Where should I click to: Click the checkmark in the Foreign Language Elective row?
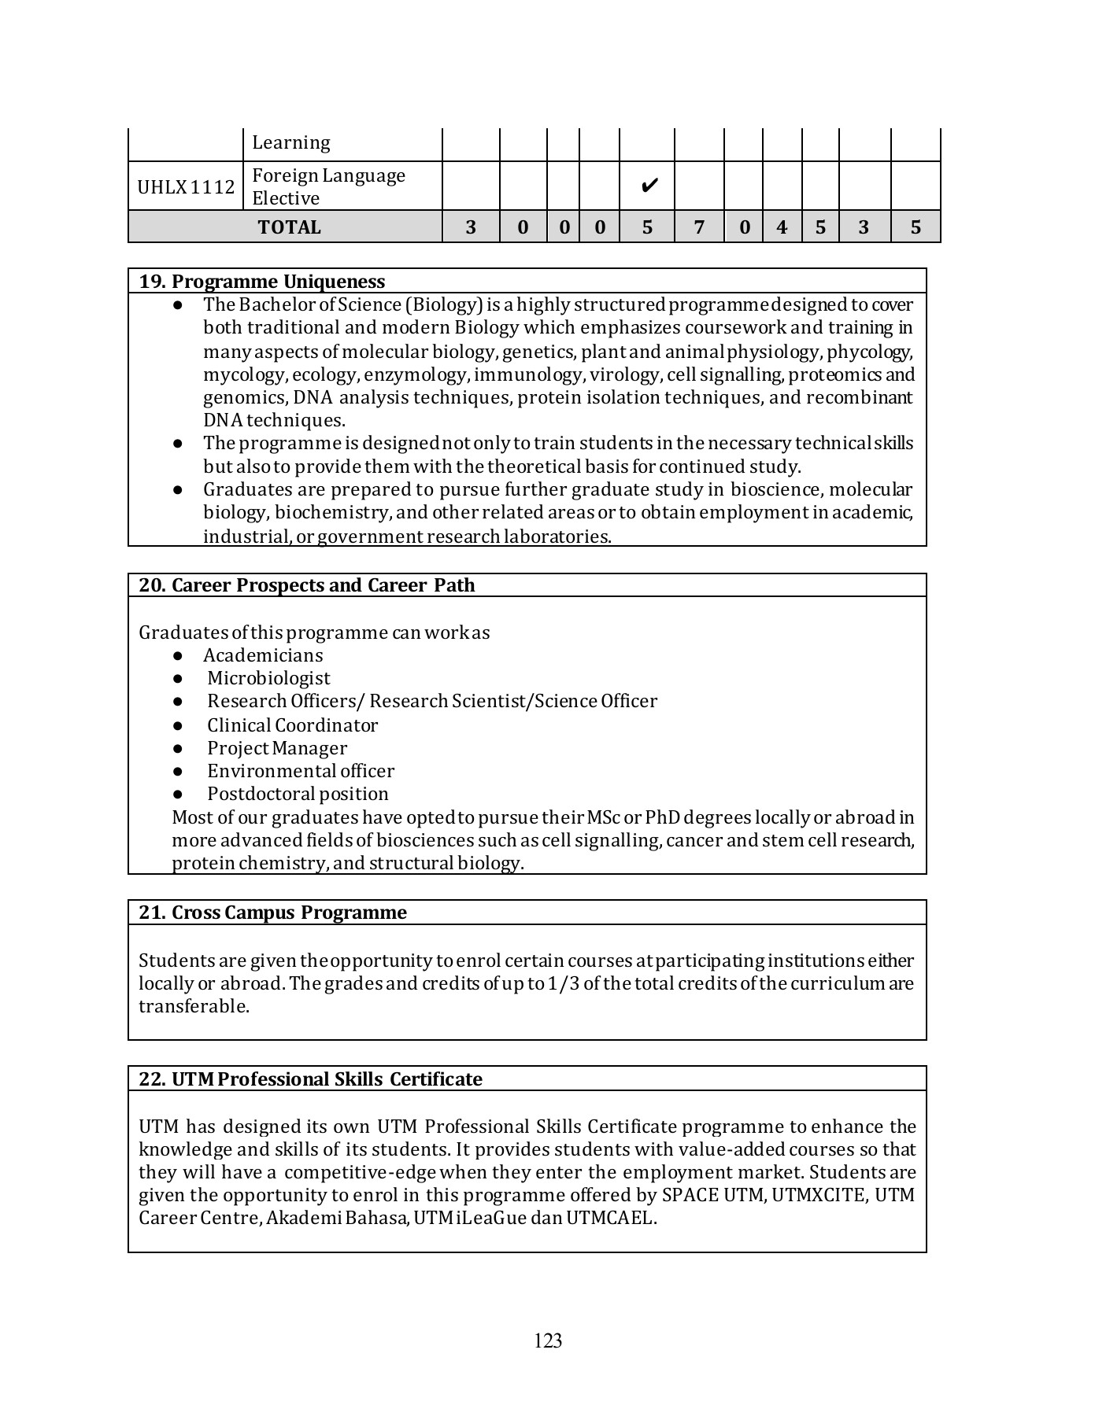pyautogui.click(x=649, y=186)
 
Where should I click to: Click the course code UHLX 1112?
pyautogui.click(x=186, y=187)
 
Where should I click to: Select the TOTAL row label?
pyautogui.click(x=289, y=227)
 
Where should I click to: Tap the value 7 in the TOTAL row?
pyautogui.click(x=698, y=227)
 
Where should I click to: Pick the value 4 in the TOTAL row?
pyautogui.click(x=781, y=227)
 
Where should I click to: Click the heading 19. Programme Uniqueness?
pyautogui.click(x=262, y=282)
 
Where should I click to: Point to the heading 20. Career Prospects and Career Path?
pyautogui.click(x=307, y=585)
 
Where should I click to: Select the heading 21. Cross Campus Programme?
pyautogui.click(x=272, y=913)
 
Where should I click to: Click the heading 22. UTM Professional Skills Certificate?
pyautogui.click(x=310, y=1079)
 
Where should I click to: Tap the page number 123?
pyautogui.click(x=548, y=1340)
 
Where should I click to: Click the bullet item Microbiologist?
pyautogui.click(x=268, y=678)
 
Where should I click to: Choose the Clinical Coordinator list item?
pyautogui.click(x=292, y=725)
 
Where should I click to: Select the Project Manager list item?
pyautogui.click(x=276, y=748)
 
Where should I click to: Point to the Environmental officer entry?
pyautogui.click(x=300, y=771)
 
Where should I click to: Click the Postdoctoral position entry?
pyautogui.click(x=298, y=794)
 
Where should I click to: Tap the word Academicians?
pyautogui.click(x=263, y=655)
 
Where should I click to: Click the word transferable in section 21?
pyautogui.click(x=194, y=1006)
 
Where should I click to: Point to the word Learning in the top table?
pyautogui.click(x=290, y=143)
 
